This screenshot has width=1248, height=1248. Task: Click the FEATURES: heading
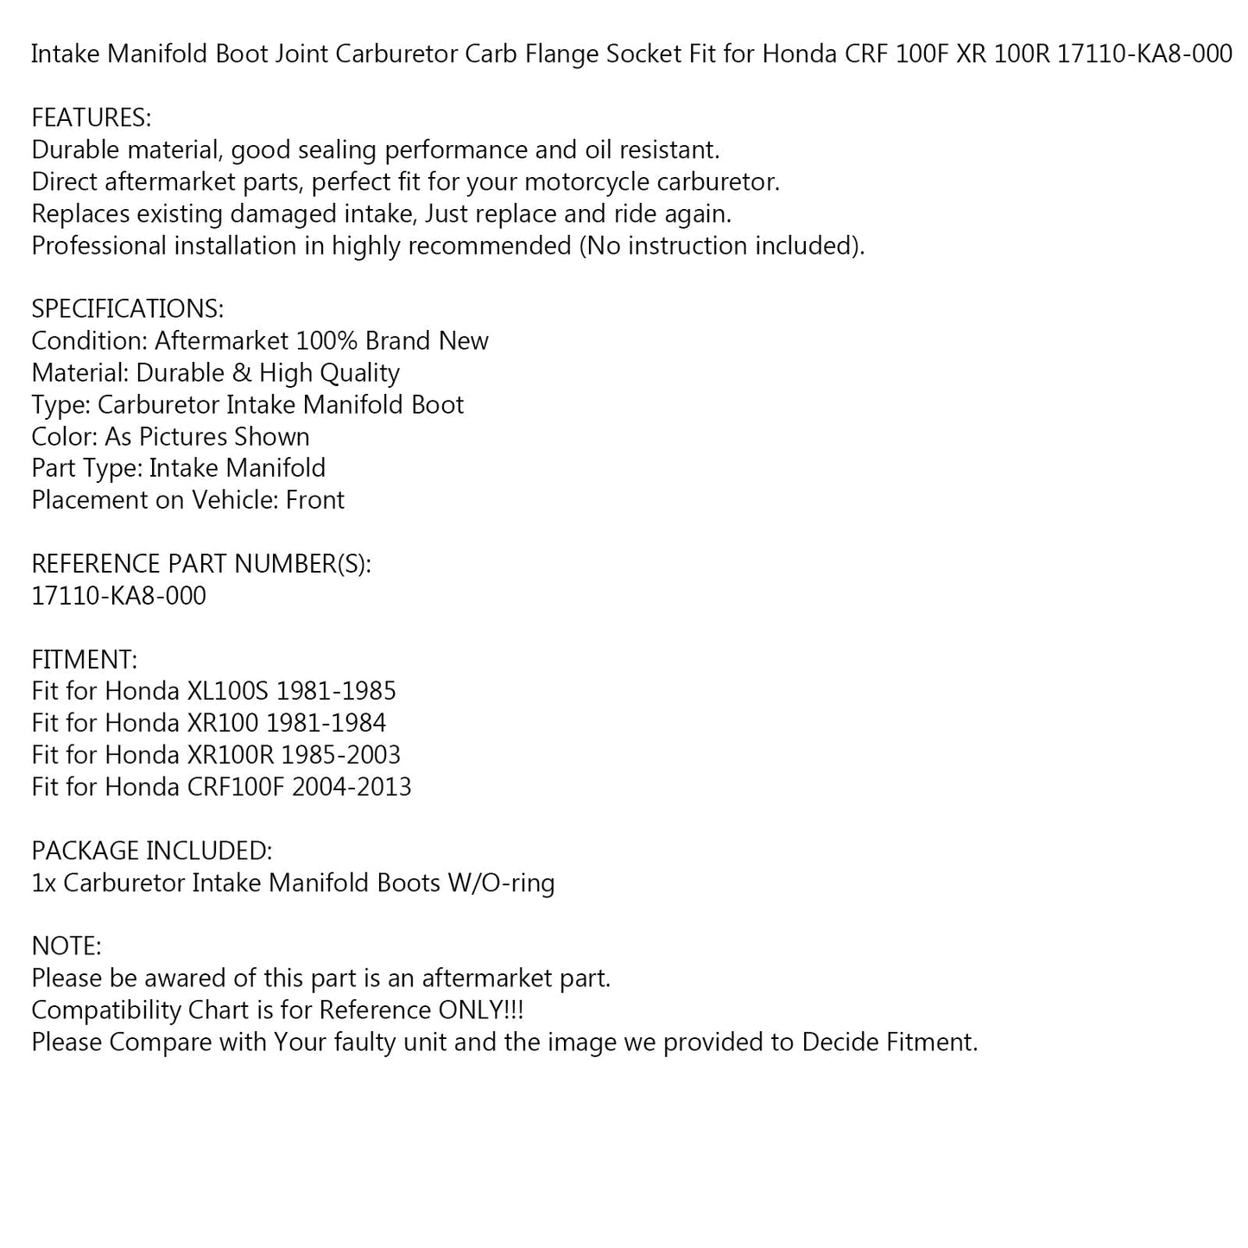click(92, 118)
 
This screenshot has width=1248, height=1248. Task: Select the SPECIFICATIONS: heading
click(128, 309)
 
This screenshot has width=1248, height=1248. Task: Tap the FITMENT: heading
click(84, 660)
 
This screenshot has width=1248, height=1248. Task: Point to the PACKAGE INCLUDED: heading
click(152, 851)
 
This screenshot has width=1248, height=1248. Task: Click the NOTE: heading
click(67, 947)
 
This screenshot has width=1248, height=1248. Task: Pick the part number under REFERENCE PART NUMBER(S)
click(119, 596)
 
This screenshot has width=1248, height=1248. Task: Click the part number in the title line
click(1144, 54)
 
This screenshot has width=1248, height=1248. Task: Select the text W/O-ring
click(501, 884)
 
